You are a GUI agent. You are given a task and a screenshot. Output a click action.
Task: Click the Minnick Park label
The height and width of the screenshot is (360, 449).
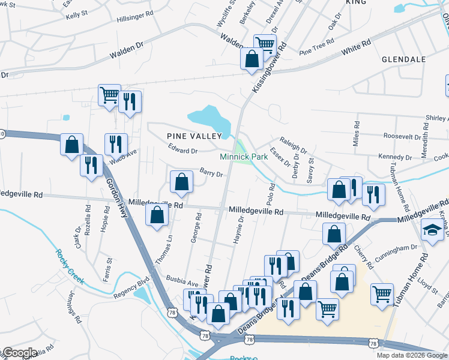coord(243,156)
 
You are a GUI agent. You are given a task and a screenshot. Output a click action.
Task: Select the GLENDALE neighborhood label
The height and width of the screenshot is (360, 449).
coord(403,59)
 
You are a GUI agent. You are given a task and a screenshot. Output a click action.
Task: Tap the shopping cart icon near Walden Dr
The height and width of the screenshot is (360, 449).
coord(264,43)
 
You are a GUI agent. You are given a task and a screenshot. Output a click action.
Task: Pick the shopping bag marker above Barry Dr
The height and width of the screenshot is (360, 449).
coord(181,182)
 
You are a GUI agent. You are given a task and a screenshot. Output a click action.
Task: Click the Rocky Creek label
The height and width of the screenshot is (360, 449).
coord(70,266)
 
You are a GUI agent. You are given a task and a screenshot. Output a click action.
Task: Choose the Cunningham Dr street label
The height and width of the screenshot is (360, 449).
coord(396,248)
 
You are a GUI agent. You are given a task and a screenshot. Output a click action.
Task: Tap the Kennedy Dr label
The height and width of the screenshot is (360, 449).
coord(395,157)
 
